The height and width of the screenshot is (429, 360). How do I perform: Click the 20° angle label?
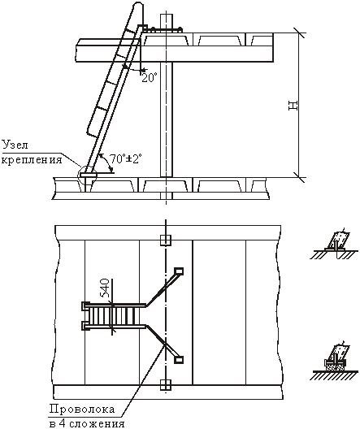click(x=150, y=78)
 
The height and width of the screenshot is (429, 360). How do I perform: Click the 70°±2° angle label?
click(x=126, y=158)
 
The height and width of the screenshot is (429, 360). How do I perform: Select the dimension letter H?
click(x=293, y=106)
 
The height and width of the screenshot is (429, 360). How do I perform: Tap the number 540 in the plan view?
click(x=105, y=288)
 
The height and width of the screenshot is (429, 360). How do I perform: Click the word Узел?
click(x=15, y=145)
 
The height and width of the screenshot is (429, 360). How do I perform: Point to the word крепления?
click(x=32, y=159)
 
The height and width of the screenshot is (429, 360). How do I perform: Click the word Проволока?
click(x=82, y=409)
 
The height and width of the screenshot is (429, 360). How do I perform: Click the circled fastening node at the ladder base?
click(x=87, y=175)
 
